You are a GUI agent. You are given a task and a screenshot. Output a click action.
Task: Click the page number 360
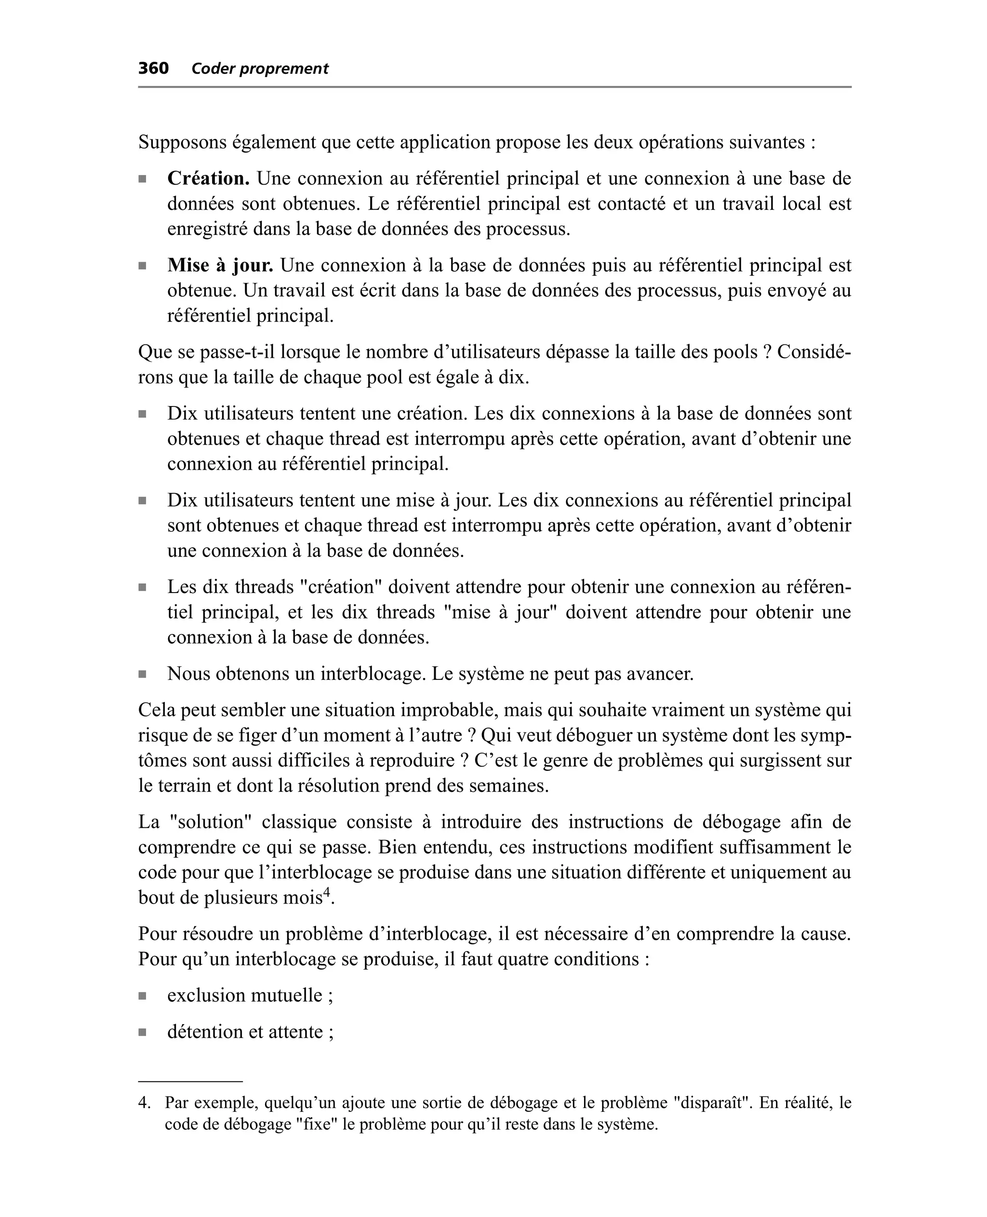[154, 68]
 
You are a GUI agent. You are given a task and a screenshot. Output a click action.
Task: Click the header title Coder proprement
[260, 69]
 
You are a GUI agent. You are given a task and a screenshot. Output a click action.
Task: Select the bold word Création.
[208, 178]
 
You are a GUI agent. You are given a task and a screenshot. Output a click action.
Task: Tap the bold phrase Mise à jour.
[220, 265]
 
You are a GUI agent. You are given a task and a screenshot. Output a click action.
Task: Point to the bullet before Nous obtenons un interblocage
[142, 675]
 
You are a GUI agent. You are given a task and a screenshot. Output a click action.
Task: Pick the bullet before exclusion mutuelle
[142, 996]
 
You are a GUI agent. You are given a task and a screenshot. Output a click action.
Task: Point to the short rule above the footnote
[190, 1081]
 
